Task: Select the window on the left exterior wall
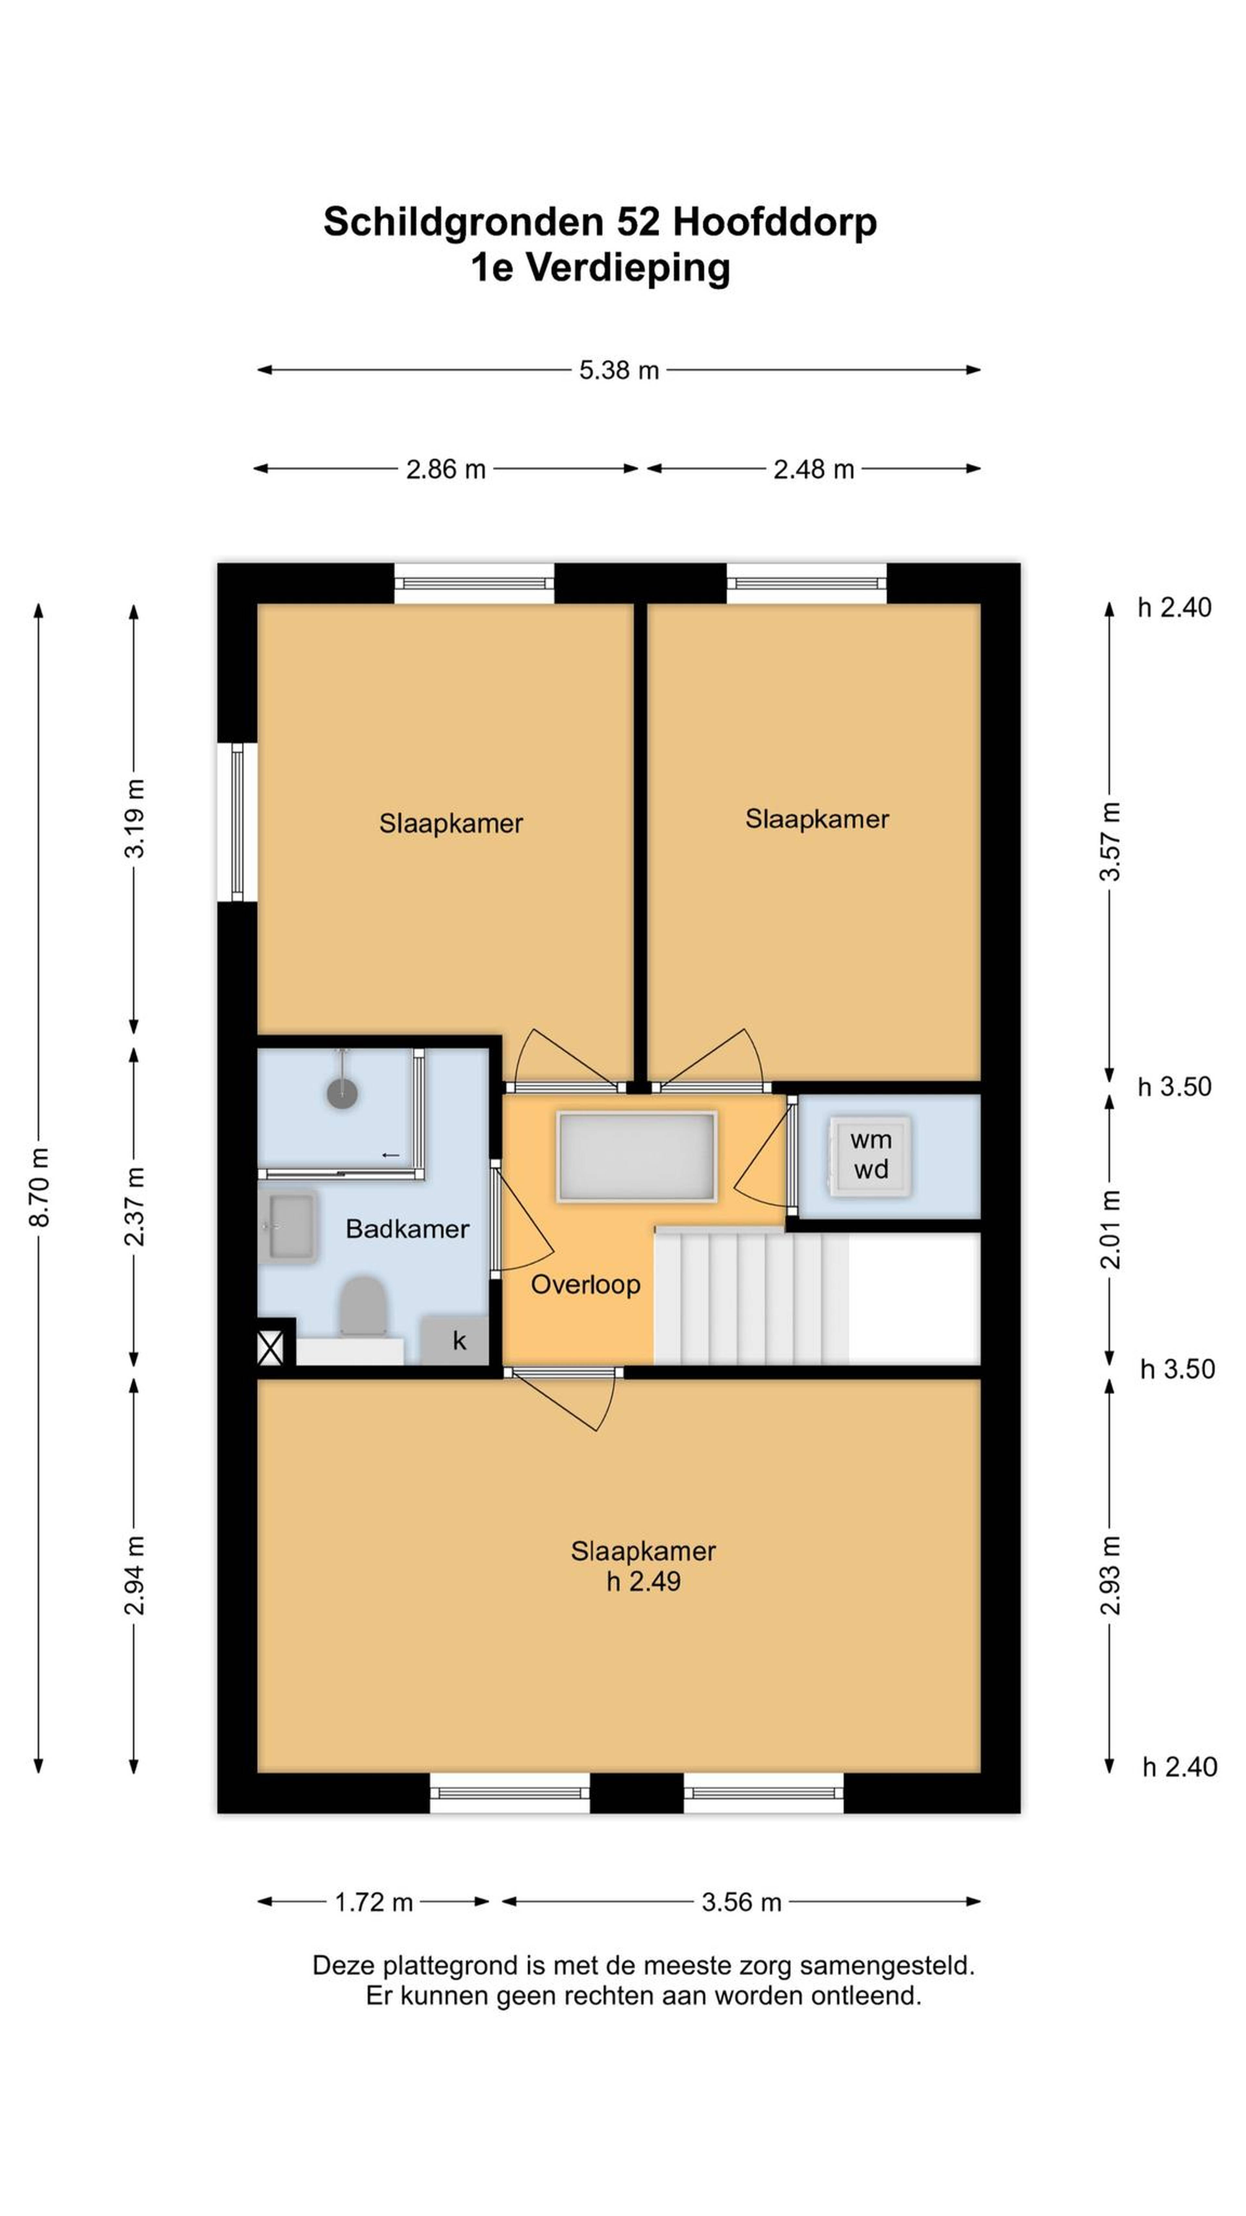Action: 237,822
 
